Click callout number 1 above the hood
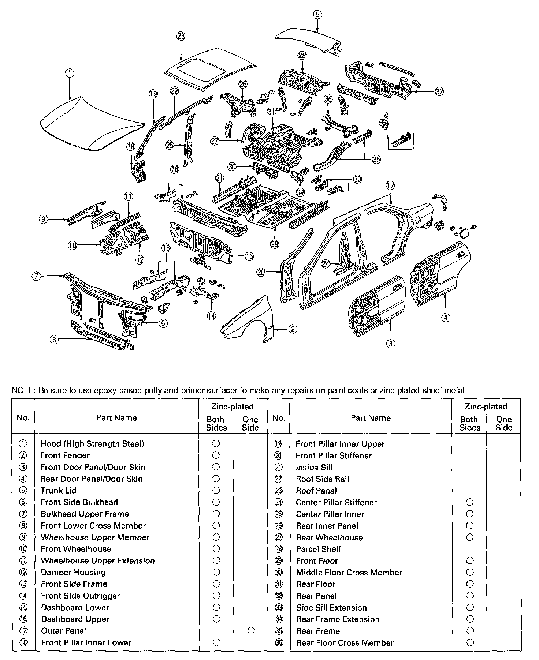point(70,73)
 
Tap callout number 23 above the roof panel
point(181,36)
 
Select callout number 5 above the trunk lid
point(317,15)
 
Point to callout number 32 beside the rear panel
point(439,92)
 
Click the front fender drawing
point(249,318)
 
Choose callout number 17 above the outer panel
point(390,185)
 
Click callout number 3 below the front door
point(391,343)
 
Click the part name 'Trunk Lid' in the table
point(59,491)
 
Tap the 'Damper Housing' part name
point(73,573)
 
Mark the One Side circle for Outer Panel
point(251,631)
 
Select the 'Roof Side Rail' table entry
point(322,479)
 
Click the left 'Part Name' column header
point(116,418)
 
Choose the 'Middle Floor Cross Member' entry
point(349,573)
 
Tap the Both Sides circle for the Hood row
point(216,444)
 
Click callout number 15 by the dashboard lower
point(249,256)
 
